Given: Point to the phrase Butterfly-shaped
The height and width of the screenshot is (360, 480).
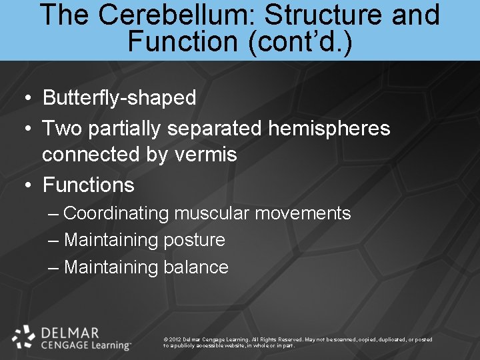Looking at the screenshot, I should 119,98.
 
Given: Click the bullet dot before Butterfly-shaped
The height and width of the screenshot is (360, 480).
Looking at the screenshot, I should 27,99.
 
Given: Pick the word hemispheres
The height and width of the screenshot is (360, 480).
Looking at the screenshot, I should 329,127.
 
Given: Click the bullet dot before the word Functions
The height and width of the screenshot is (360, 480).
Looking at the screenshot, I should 27,185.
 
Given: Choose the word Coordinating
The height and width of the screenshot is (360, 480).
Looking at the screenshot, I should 117,214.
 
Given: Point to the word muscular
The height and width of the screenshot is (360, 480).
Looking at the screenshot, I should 209,213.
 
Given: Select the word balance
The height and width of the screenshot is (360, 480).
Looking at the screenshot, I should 195,267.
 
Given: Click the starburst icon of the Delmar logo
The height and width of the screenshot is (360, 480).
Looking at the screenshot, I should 24,337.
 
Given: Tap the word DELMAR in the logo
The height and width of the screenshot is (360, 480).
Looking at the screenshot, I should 69,332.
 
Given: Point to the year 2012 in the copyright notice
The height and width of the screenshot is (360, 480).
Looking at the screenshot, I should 175,339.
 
